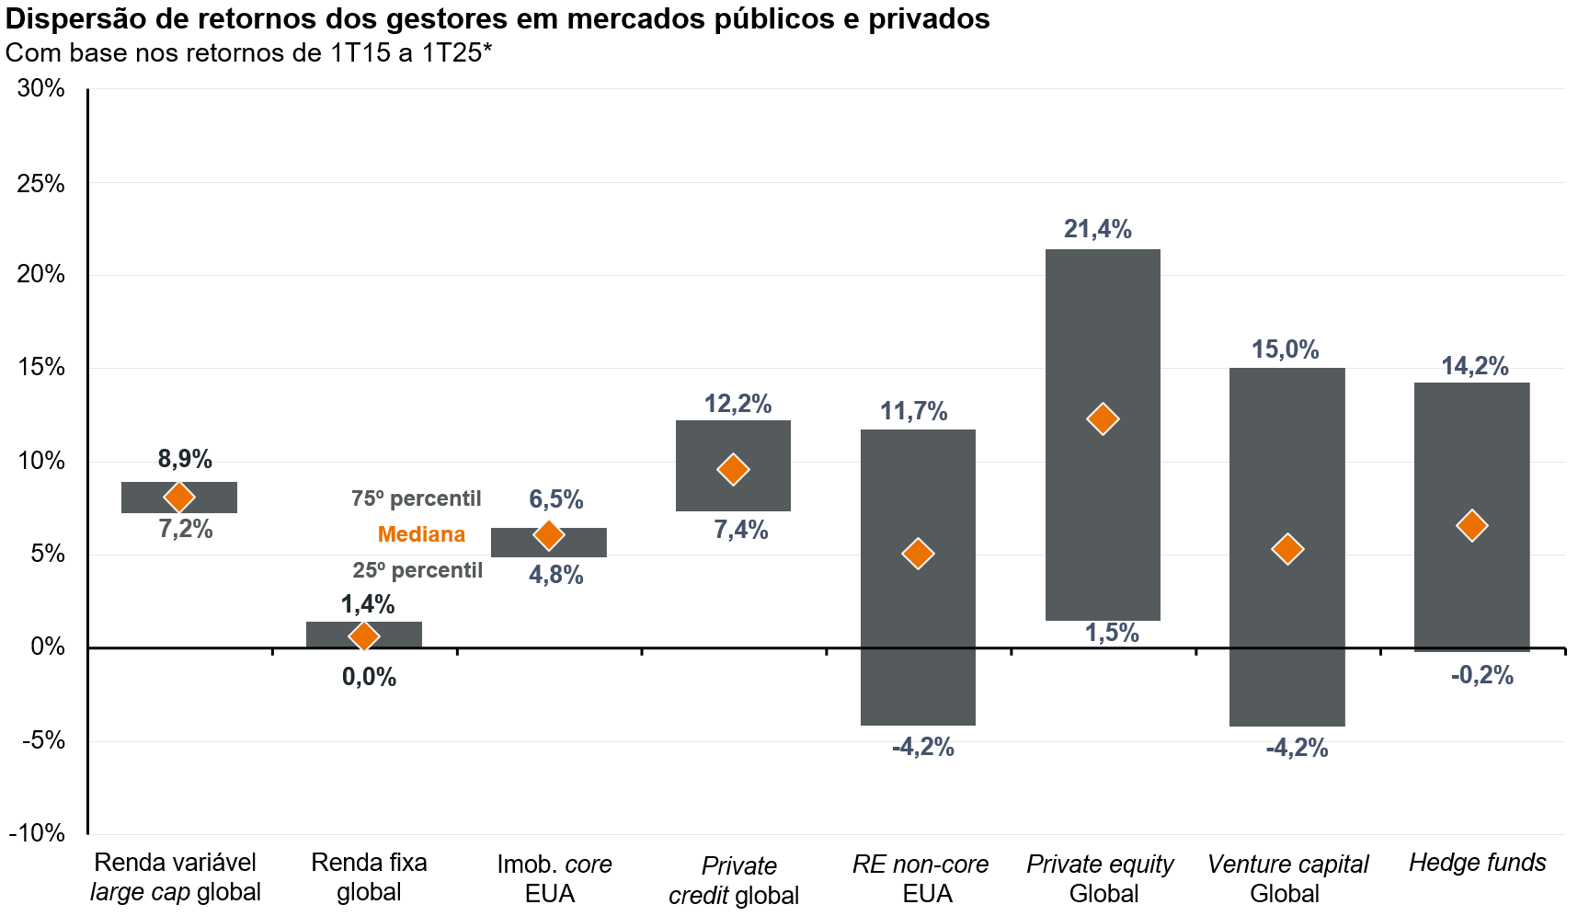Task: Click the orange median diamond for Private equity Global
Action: click(x=1102, y=419)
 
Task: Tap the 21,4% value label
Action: click(x=1097, y=229)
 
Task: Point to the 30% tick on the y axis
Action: click(x=41, y=88)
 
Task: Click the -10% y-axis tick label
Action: click(x=38, y=833)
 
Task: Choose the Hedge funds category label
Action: click(x=1477, y=863)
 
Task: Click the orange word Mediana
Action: click(x=421, y=534)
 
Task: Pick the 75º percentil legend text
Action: click(x=416, y=498)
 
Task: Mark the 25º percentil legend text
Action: click(x=417, y=570)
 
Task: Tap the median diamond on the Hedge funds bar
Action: click(x=1471, y=526)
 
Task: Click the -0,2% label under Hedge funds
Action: click(x=1481, y=675)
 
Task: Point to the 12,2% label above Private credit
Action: click(x=738, y=404)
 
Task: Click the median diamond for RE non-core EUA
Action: click(x=918, y=554)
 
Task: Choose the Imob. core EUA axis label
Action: click(x=554, y=878)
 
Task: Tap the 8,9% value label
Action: click(x=185, y=458)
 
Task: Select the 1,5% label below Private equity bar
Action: click(x=1111, y=633)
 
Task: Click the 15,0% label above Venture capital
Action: click(x=1285, y=349)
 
